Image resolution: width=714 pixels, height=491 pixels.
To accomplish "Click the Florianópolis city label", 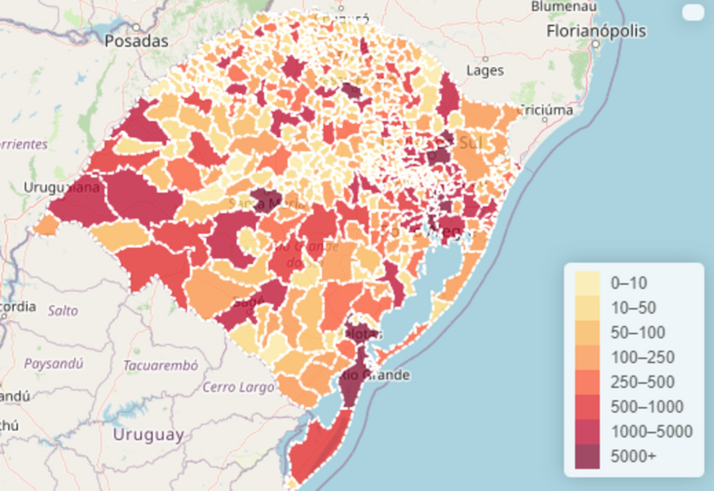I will point(596,31).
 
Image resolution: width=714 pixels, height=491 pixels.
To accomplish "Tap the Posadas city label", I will point(137,41).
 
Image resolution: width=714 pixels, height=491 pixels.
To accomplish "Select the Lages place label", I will point(485,70).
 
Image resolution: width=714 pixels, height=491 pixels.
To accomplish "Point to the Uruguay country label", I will point(149,435).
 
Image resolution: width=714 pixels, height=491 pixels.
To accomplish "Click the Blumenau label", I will point(564,6).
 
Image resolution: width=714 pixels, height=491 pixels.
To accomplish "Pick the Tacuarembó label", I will point(160,365).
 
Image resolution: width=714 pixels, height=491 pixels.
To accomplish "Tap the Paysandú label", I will point(54,363).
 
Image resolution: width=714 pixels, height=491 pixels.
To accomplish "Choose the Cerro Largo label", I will point(238,387).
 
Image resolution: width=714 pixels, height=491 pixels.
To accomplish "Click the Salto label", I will point(63,311).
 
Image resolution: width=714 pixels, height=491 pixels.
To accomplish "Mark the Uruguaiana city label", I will point(62,187).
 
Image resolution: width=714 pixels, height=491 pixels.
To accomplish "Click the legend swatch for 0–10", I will point(587,283).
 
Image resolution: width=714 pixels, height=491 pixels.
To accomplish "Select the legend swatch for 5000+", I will point(587,456).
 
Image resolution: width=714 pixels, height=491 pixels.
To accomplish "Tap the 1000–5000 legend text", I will point(651,432).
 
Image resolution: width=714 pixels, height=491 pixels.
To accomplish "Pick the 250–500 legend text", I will point(642,382).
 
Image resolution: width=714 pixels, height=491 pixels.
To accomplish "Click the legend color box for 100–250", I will point(587,357).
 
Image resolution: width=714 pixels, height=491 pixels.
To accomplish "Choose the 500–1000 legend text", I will point(646,407).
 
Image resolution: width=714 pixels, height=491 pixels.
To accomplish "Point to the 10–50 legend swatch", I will point(587,307).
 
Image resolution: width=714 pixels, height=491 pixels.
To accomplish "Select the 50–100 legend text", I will point(637,332).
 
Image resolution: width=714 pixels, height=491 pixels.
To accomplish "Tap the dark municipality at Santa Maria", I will point(265,197).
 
